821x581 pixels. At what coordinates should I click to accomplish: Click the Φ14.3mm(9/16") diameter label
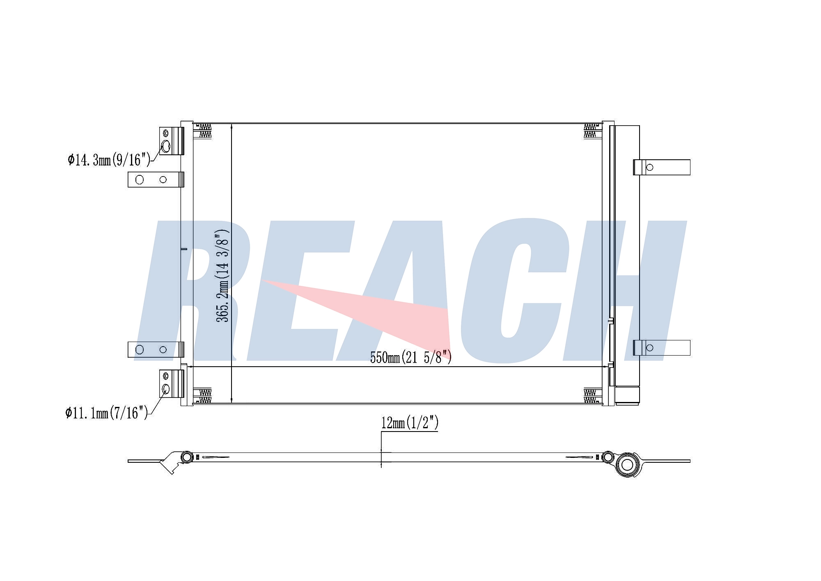(109, 159)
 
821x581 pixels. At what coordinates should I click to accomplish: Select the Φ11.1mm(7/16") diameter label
(106, 413)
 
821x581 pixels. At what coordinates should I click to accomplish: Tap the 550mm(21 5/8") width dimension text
(411, 357)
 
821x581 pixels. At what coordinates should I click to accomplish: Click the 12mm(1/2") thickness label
(410, 423)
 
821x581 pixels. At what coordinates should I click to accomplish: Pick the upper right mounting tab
(661, 167)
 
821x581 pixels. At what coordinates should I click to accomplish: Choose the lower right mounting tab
(661, 348)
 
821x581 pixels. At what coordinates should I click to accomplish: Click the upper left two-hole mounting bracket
(156, 179)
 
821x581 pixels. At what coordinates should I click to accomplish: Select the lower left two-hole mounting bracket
(156, 349)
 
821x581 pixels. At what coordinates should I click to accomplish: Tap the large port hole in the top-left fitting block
(165, 146)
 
